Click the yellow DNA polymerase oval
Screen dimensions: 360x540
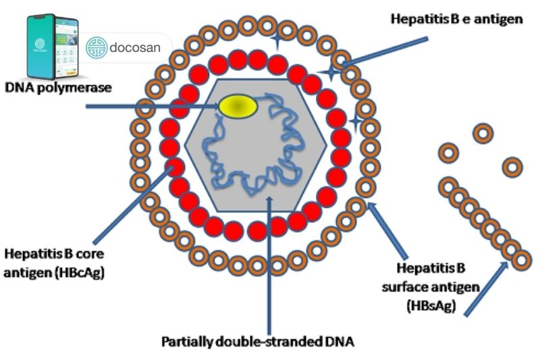click(x=237, y=106)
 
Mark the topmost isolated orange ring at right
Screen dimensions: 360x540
click(x=483, y=133)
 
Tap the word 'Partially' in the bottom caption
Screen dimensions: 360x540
click(x=185, y=340)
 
